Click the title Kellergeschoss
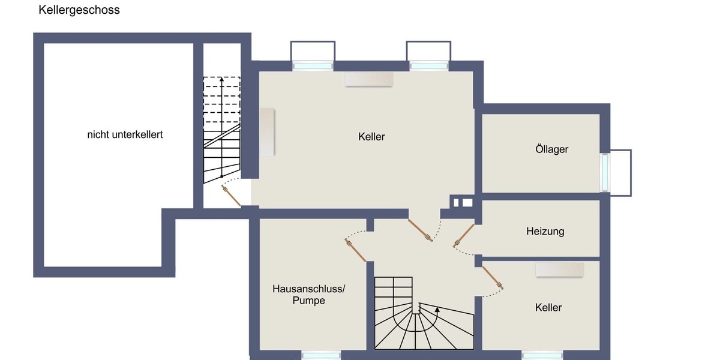click(x=79, y=10)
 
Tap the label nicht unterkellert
click(x=125, y=134)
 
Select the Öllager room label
click(x=551, y=149)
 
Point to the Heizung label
click(x=545, y=231)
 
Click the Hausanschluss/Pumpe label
click(x=309, y=295)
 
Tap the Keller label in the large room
click(x=371, y=137)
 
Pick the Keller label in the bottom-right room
click(x=548, y=307)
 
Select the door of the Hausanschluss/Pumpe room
click(x=356, y=250)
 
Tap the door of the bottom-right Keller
click(x=493, y=277)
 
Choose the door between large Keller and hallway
click(x=420, y=230)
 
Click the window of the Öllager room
click(x=605, y=172)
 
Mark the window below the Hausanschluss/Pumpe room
click(x=321, y=355)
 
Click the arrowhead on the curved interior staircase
click(x=437, y=310)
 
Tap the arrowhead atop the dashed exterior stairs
click(x=221, y=79)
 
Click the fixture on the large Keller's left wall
click(x=267, y=133)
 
